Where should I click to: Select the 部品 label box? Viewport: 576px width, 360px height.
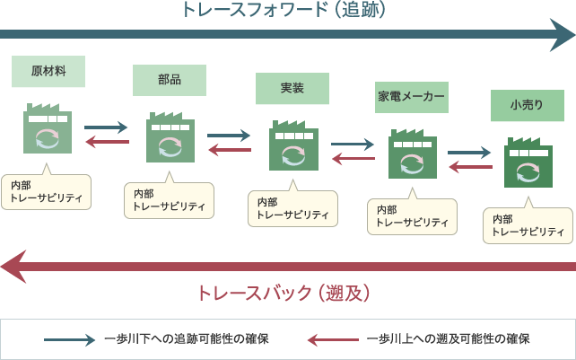coord(169,80)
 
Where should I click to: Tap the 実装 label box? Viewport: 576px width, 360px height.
coord(292,88)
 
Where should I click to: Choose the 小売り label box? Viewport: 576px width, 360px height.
coord(527,104)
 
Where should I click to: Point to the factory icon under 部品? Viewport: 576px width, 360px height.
coord(170,137)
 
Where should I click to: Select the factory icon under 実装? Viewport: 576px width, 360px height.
coord(292,145)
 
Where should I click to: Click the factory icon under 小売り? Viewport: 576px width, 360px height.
coord(528,162)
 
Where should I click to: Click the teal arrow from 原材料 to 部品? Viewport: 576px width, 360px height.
coord(106,128)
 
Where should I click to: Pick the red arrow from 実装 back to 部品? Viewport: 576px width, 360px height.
coord(229,150)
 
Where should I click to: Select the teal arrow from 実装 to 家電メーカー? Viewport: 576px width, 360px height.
coord(352,144)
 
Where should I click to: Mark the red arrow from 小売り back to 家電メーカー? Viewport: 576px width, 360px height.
coord(469,166)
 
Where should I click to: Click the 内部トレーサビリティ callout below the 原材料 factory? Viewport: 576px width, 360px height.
coord(46,191)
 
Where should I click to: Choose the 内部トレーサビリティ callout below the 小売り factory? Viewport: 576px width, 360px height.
coord(528,225)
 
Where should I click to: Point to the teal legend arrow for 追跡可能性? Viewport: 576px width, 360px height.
coord(69,339)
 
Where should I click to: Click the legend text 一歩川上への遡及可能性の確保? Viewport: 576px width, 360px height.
coord(448,339)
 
